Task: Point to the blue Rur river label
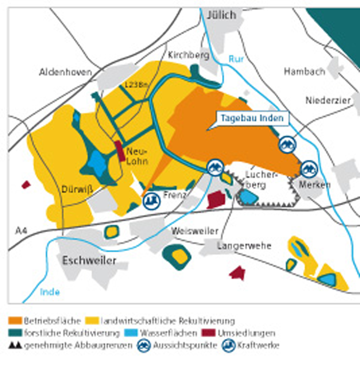pos(236,59)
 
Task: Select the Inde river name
pos(50,292)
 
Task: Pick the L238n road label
pos(136,85)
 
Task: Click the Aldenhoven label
pos(65,72)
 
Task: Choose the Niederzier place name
pos(328,100)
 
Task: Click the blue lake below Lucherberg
pos(247,197)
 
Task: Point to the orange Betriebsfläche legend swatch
pos(15,321)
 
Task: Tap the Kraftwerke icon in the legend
pos(228,345)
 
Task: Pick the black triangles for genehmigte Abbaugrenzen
pos(14,345)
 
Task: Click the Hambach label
pos(304,72)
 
